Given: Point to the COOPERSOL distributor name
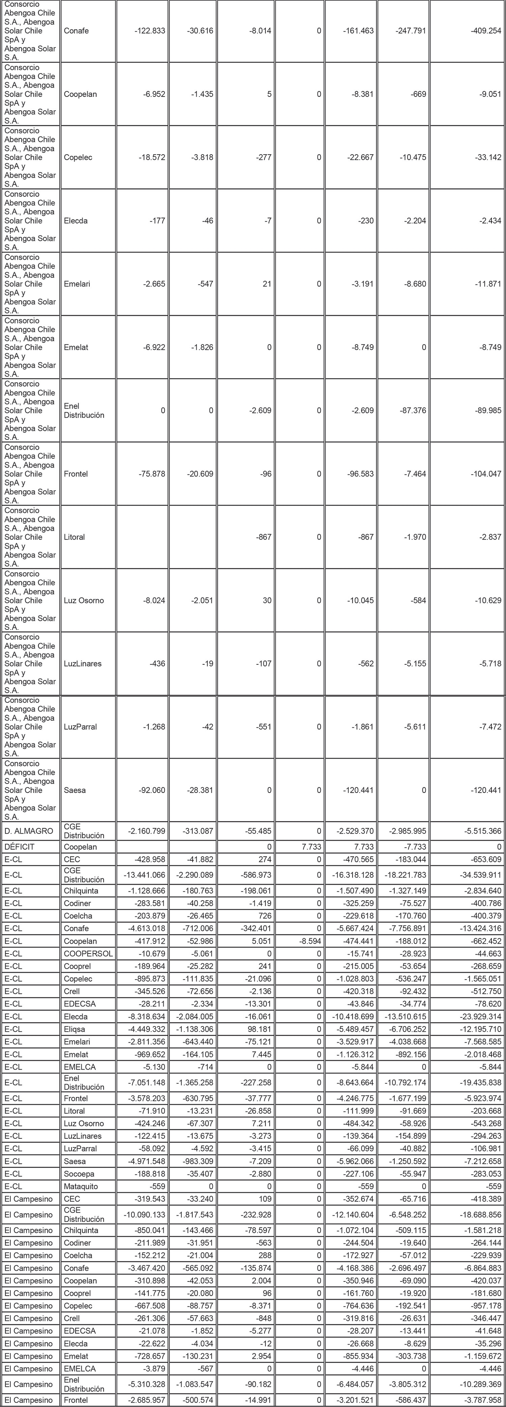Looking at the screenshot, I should [88, 954].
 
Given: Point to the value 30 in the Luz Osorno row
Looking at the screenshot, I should [266, 600].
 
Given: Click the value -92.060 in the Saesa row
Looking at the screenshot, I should [151, 790].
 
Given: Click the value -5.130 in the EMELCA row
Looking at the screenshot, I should [153, 1067].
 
